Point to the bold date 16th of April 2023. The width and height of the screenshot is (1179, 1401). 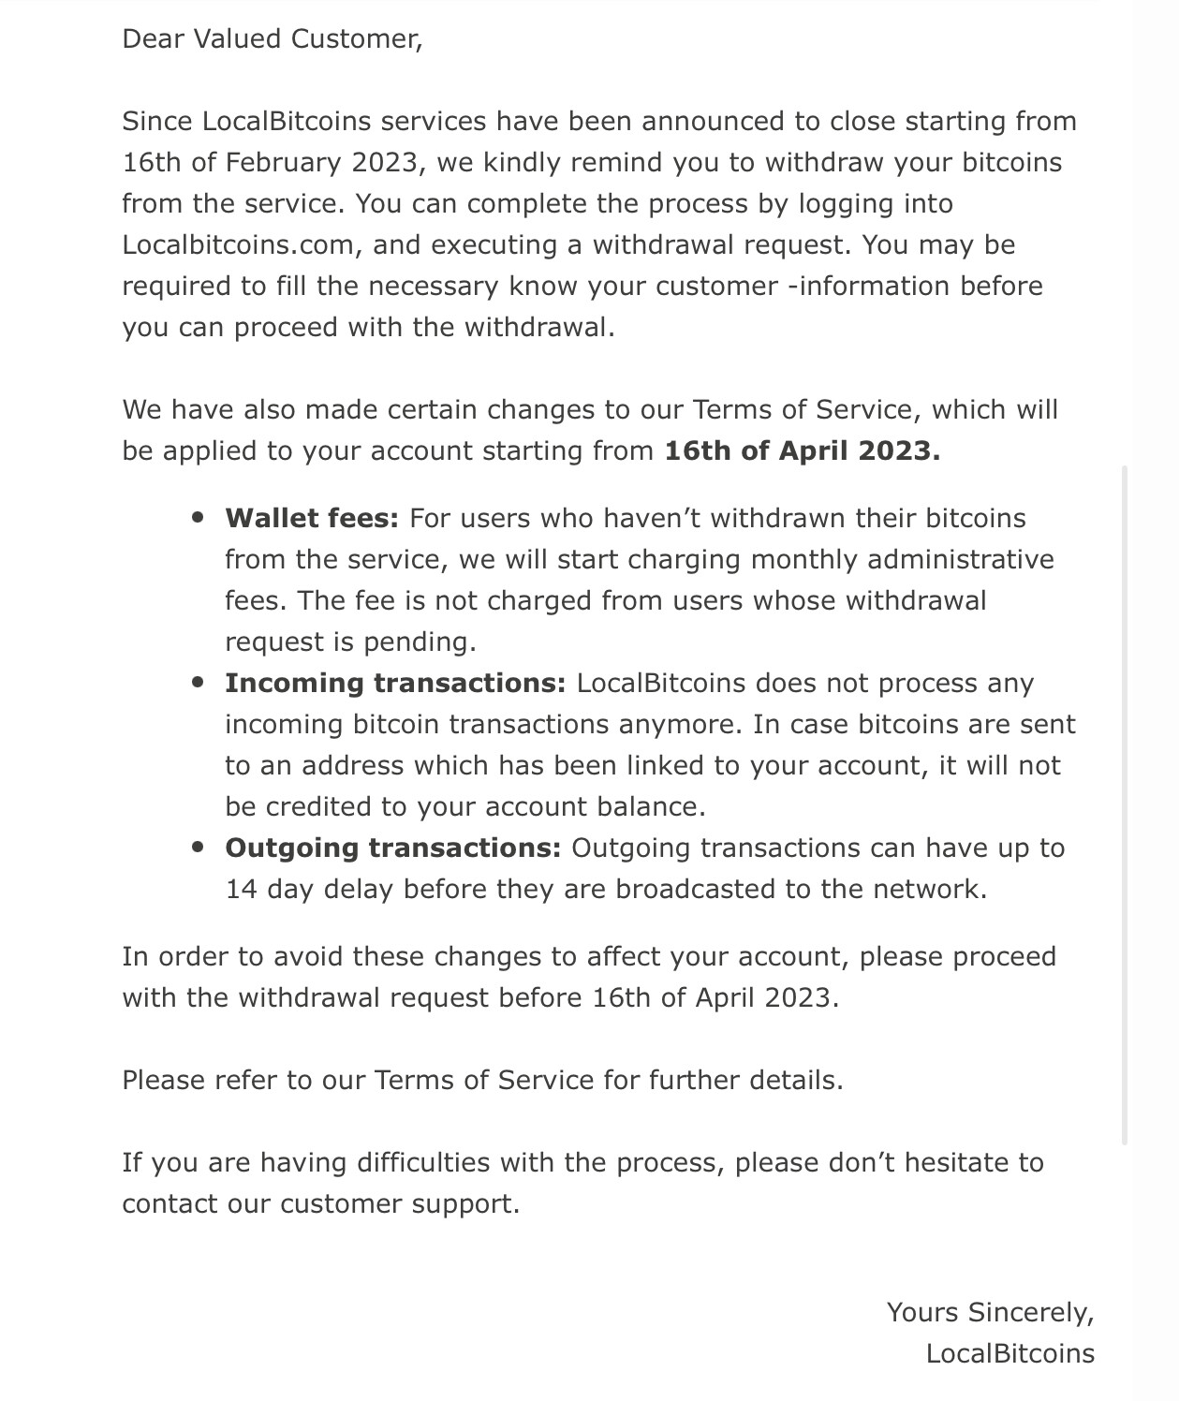coord(802,451)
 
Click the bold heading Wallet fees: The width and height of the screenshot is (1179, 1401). coord(312,519)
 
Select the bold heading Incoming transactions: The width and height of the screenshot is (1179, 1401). coord(395,684)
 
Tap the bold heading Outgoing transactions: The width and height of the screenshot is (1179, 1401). coord(392,848)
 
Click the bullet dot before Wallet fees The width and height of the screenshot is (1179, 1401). coord(197,518)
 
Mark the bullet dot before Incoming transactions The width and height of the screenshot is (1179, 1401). coord(197,683)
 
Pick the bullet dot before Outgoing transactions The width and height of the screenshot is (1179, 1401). coord(197,848)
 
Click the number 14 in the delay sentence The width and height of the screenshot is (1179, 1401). coord(241,890)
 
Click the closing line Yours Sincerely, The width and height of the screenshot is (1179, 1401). coord(990,1313)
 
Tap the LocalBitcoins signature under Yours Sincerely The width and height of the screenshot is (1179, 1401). coord(1010,1354)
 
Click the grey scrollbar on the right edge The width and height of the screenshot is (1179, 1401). coord(1125,805)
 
